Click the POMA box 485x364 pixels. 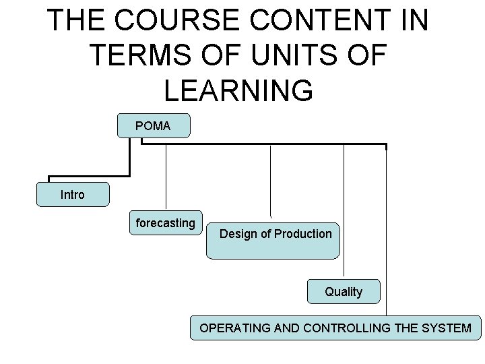pos(154,126)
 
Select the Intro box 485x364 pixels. pos(73,194)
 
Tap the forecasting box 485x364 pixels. pos(165,223)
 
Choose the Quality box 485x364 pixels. pos(344,291)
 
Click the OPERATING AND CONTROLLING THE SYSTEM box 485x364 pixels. pos(335,328)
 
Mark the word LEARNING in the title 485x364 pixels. pos(238,90)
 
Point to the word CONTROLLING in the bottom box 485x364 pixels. pos(348,328)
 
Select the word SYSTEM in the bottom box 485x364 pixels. pos(449,328)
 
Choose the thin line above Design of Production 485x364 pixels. pos(270,182)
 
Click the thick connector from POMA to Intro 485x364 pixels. pos(128,162)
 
